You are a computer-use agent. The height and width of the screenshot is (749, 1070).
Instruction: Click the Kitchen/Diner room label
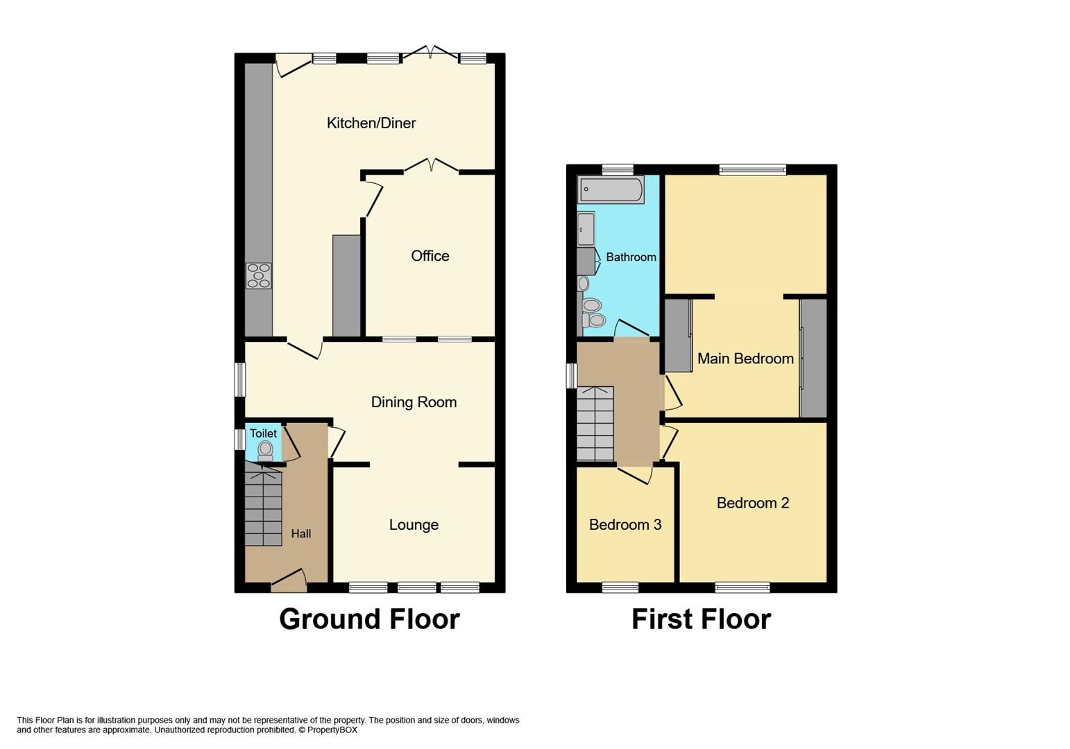coord(371,123)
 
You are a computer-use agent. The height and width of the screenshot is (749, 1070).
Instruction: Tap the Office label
coord(430,256)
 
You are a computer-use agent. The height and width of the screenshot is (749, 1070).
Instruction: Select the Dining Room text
coord(414,402)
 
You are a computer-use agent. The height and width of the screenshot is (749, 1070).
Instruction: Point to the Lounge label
coord(414,525)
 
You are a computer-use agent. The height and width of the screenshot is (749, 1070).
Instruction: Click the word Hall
coord(300,534)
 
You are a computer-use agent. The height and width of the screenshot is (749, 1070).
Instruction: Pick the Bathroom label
coord(631,257)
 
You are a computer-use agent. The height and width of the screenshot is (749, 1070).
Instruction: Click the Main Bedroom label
coord(745,359)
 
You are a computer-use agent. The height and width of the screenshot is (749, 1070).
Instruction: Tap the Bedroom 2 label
coord(753,503)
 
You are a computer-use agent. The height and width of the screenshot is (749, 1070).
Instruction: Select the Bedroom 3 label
coord(625,525)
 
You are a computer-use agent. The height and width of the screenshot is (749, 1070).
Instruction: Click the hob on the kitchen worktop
coord(259,275)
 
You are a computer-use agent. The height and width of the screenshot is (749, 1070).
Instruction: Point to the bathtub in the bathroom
coord(611,189)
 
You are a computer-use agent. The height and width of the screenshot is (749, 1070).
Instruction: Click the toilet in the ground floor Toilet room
coord(265,451)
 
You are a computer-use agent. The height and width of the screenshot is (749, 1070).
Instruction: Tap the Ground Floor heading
coord(369,619)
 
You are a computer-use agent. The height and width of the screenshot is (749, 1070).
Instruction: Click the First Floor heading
coord(701,619)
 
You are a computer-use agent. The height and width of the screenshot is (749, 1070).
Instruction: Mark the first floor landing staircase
coord(595,424)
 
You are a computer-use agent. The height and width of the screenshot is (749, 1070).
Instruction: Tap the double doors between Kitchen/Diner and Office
coord(431,166)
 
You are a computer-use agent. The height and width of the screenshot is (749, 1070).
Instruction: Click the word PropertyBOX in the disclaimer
coord(332,730)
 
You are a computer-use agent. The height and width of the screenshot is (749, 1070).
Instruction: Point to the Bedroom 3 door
coord(635,474)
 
